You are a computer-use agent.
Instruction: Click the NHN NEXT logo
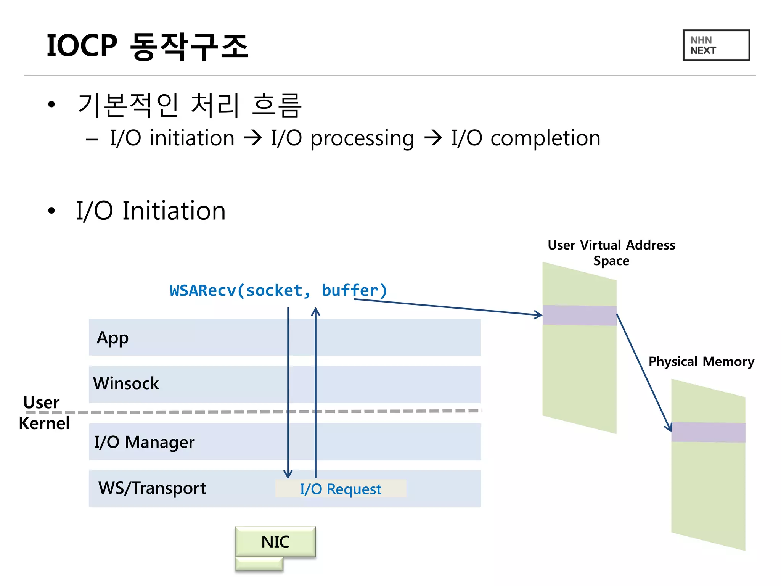tap(716, 45)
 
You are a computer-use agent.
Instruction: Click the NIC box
tap(275, 542)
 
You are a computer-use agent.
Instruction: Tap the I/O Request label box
tap(340, 489)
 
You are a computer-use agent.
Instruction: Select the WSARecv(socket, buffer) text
tap(278, 291)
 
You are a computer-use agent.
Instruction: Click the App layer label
tap(112, 338)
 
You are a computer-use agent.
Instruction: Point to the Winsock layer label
tap(126, 383)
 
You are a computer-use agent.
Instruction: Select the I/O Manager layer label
tap(144, 442)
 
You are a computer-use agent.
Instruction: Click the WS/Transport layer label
tap(152, 488)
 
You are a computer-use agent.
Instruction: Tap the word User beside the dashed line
tap(41, 402)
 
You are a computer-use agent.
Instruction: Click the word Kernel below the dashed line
tap(44, 423)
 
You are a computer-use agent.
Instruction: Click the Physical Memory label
tap(701, 361)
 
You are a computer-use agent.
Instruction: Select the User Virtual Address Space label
tap(611, 253)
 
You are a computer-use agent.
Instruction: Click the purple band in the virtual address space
tap(579, 315)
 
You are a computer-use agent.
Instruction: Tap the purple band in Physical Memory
tap(708, 432)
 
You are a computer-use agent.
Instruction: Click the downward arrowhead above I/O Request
tap(288, 475)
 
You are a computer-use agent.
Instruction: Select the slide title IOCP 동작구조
tap(147, 46)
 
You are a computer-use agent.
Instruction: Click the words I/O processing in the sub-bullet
tap(342, 138)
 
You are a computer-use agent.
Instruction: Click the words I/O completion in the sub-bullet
tap(525, 138)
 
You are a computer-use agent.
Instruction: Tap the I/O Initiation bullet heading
tap(151, 211)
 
